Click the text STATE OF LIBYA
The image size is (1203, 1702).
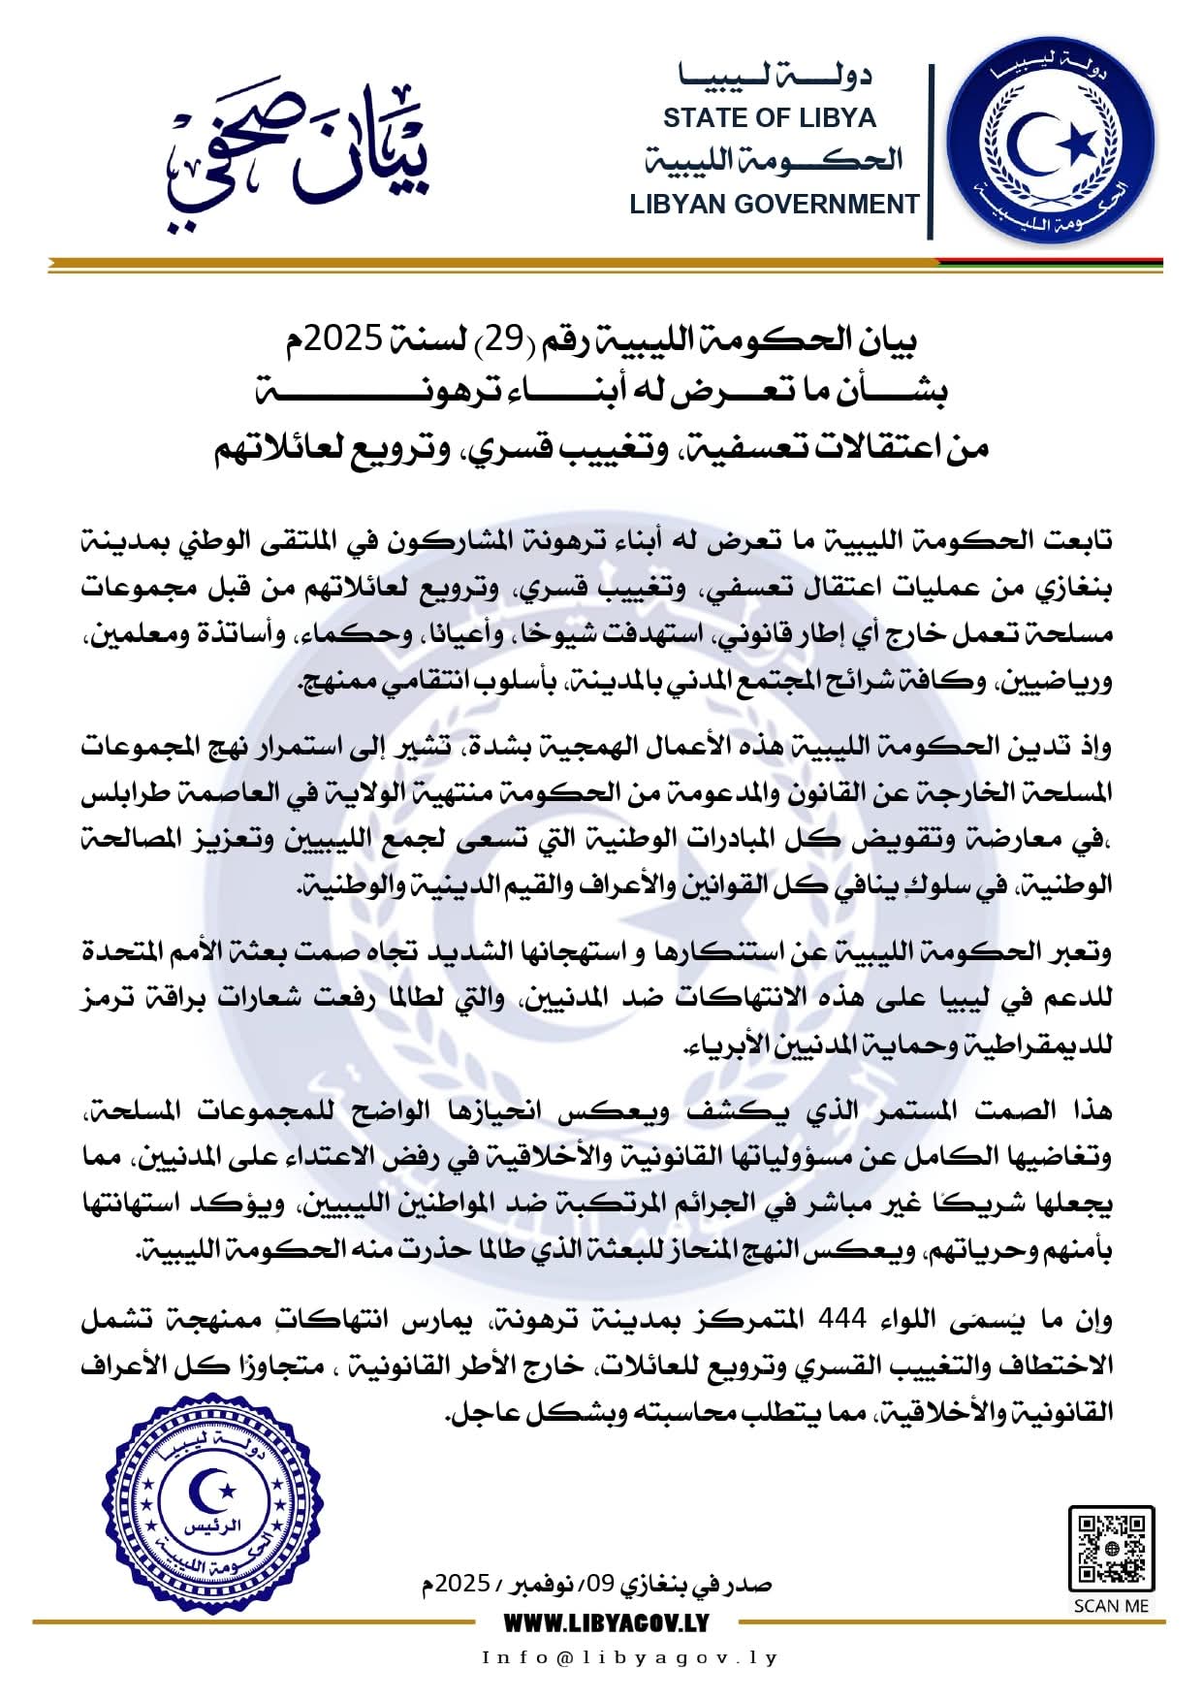coord(769,118)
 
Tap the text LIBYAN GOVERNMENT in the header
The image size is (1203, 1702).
coord(774,205)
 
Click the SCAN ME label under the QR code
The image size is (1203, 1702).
coord(1111,1605)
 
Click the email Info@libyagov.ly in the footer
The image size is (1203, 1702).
coord(630,1658)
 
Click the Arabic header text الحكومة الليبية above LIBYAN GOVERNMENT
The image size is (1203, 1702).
coord(774,161)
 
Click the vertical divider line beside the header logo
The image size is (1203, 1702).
coord(931,151)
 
